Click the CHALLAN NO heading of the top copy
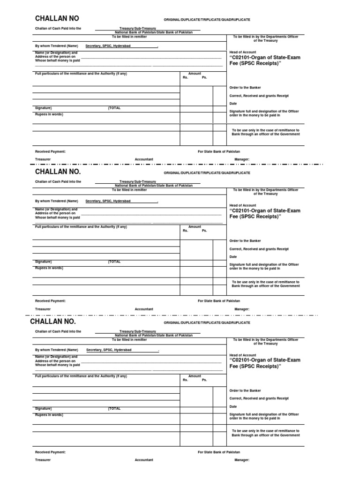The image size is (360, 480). click(57, 19)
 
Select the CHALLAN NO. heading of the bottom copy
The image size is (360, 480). click(52, 322)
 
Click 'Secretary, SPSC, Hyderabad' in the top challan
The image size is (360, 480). click(108, 46)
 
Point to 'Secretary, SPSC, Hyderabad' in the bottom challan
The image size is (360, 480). click(109, 350)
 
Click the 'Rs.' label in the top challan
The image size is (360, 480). click(185, 77)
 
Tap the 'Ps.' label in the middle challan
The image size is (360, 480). click(204, 231)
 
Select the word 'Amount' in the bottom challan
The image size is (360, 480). click(195, 376)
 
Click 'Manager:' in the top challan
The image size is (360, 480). click(242, 159)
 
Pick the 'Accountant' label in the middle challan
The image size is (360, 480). click(144, 309)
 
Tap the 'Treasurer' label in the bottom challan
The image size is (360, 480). click(43, 460)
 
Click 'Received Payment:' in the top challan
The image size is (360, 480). click(50, 151)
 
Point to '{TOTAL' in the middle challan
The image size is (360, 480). click(114, 262)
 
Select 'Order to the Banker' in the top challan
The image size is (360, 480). click(245, 88)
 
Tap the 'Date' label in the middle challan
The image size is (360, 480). click(233, 257)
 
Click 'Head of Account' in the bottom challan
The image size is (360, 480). click(243, 355)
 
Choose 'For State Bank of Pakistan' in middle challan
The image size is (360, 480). click(218, 301)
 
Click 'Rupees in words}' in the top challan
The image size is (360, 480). click(49, 114)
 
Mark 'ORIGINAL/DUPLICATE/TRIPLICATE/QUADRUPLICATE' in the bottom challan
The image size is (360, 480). click(207, 323)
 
